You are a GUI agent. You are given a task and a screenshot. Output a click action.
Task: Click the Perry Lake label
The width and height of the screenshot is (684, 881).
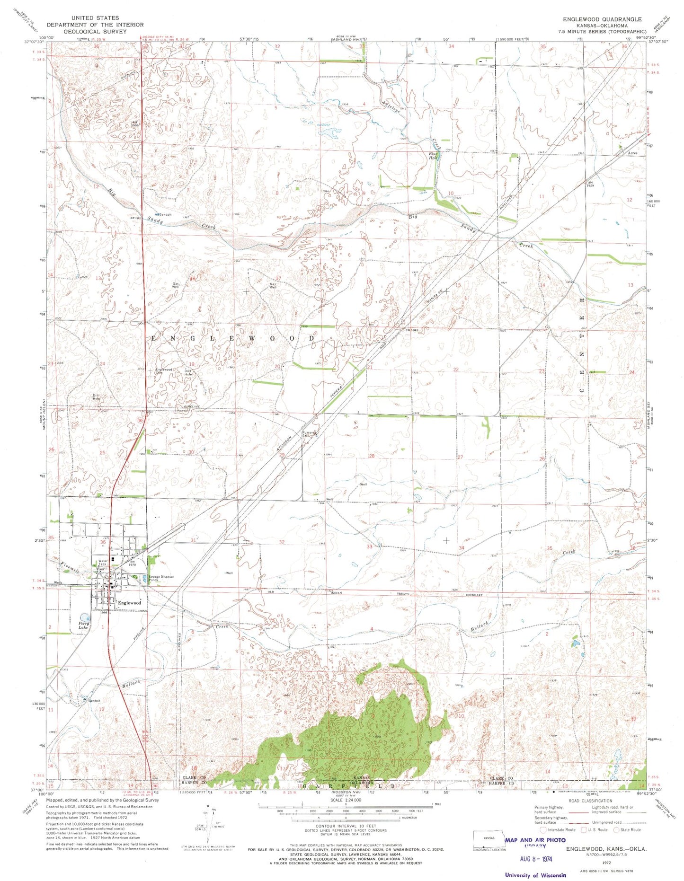coord(84,626)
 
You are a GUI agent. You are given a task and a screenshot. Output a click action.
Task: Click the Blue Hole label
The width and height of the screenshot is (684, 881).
coord(433,155)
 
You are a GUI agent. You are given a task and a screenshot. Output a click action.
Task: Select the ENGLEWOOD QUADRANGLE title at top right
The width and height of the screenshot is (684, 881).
coord(602,19)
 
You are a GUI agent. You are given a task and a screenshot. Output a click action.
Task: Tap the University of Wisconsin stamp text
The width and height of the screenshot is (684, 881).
coord(535,862)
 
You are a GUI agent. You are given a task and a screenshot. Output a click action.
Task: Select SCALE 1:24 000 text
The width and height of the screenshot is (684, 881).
coord(345,800)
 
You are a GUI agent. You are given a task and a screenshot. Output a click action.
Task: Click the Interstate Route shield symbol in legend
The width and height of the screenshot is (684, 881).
coord(542,829)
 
